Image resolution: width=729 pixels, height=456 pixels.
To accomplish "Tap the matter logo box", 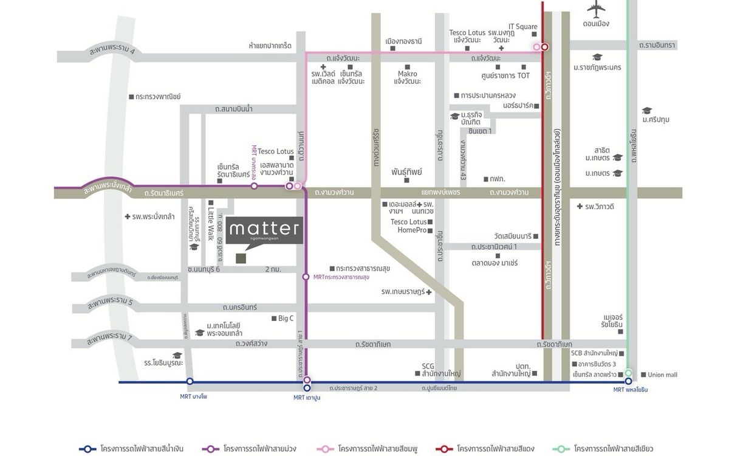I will click(264, 230).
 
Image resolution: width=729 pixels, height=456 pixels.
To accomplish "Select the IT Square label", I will click(522, 27).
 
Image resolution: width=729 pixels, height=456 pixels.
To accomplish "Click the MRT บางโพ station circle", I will click(190, 381).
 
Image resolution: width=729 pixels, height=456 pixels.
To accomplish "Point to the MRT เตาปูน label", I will click(307, 398).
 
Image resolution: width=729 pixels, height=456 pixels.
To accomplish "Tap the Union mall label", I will click(662, 375).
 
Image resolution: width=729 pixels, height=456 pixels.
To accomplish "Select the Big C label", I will click(286, 318).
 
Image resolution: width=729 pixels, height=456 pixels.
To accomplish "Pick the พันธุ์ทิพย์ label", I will click(407, 172).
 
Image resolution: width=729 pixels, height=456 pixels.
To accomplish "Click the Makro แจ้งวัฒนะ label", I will click(407, 77).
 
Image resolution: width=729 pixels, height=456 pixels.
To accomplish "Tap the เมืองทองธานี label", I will click(403, 42).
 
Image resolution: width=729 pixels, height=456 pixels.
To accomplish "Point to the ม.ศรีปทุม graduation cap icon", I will click(647, 111).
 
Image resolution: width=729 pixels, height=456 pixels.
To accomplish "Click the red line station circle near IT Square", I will click(545, 46).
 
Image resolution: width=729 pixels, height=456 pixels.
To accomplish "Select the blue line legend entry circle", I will click(87, 449).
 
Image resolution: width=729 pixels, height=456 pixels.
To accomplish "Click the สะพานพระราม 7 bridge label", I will click(109, 340).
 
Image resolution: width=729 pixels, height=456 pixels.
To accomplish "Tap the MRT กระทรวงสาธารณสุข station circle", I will click(306, 277).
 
